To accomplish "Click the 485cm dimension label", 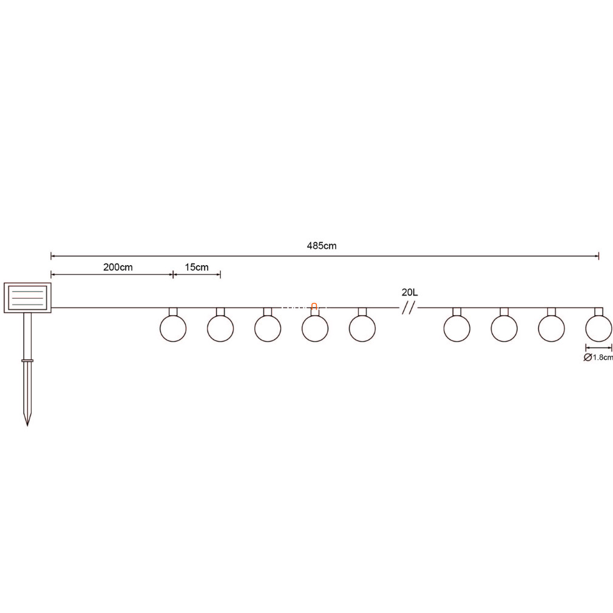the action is pos(321,246).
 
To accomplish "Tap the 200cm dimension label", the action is pos(118,268).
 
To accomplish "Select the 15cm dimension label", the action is pos(197,268).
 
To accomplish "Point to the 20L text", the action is pos(409,292).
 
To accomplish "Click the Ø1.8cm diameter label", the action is pos(598,357).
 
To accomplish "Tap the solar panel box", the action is pos(27,298).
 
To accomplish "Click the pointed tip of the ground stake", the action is pos(27,425).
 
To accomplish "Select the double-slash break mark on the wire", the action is pos(407,308).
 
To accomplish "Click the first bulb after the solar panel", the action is pos(173,328).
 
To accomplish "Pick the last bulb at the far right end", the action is pos(598,328).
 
